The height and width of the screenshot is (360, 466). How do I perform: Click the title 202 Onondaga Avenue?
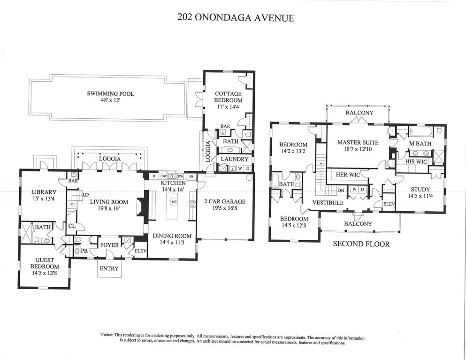tap(235, 18)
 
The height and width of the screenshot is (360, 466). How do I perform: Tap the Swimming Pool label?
tap(110, 94)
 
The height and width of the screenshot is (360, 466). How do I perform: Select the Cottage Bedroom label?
tap(228, 97)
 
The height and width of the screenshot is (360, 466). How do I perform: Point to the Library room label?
tap(44, 192)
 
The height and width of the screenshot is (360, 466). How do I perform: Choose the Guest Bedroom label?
tap(45, 263)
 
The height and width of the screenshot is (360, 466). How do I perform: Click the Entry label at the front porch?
tap(109, 268)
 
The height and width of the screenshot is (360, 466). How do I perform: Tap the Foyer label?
tap(109, 245)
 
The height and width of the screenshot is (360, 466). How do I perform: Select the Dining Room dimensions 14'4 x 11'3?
tap(172, 243)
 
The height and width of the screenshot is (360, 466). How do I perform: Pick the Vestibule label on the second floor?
tap(328, 202)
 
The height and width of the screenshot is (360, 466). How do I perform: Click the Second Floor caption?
tap(361, 244)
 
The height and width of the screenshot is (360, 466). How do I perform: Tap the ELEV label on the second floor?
tap(389, 204)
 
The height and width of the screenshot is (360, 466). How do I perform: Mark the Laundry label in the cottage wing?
tap(231, 160)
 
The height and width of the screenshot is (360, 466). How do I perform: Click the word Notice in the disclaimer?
tap(107, 335)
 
